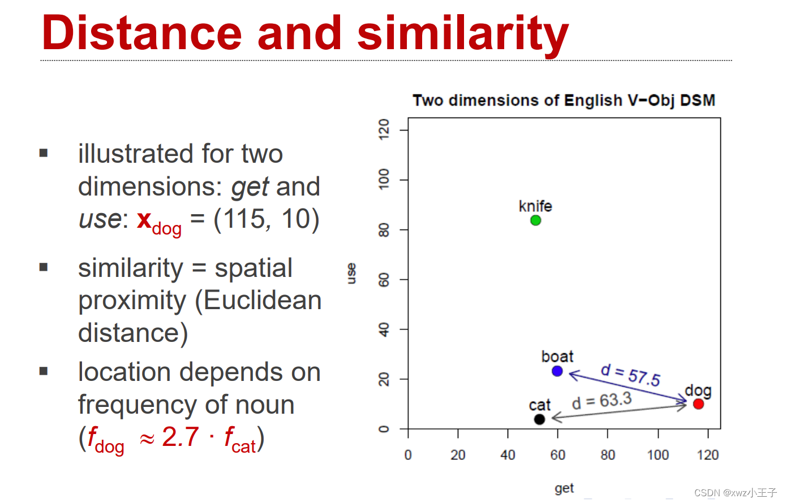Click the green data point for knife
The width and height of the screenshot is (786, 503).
535,220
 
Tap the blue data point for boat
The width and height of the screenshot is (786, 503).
557,371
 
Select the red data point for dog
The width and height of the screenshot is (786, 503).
698,404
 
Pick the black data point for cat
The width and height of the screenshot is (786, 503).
539,419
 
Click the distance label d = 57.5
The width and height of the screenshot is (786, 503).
630,375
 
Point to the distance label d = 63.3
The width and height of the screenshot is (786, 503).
602,401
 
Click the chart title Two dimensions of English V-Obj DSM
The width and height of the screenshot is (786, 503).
564,101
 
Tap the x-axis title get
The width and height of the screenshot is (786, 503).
564,488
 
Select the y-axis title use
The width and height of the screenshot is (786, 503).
351,274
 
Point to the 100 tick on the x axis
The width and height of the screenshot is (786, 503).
658,455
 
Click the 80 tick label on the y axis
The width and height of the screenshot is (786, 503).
384,230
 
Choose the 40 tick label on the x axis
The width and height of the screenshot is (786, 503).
508,455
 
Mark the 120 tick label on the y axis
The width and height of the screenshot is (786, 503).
384,129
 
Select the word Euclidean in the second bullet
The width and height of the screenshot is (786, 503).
263,300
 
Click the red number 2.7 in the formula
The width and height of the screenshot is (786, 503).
181,437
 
